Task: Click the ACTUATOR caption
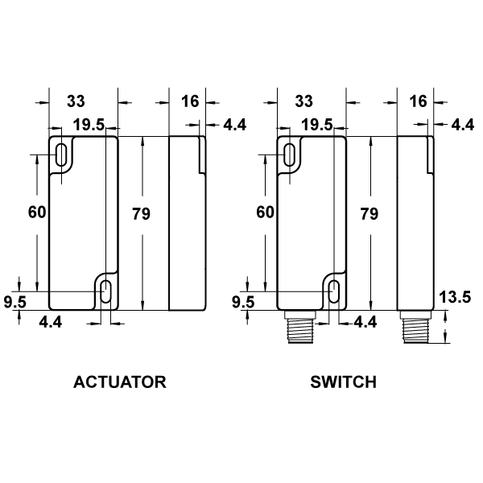coord(120,382)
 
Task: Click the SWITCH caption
coord(344,382)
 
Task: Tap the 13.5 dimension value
coord(455,297)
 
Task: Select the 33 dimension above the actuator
coord(76,101)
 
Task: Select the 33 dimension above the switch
coord(304,101)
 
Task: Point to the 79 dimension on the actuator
coord(141,214)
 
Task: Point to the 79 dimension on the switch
coord(369,214)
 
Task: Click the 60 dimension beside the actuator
coord(37,213)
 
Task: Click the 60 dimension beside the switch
coord(265,213)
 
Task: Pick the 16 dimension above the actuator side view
coord(190,101)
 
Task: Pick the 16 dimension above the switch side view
coord(419,101)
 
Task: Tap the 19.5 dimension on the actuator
coord(89,125)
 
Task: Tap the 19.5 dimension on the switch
coord(317,125)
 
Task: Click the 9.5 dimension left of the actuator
coord(15,302)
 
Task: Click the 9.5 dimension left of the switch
coord(243,302)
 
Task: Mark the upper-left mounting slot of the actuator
coord(62,155)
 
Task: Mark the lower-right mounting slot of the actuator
coord(105,291)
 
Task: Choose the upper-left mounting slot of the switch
coord(290,155)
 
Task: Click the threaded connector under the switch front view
coord(300,327)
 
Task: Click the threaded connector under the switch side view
coord(415,327)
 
